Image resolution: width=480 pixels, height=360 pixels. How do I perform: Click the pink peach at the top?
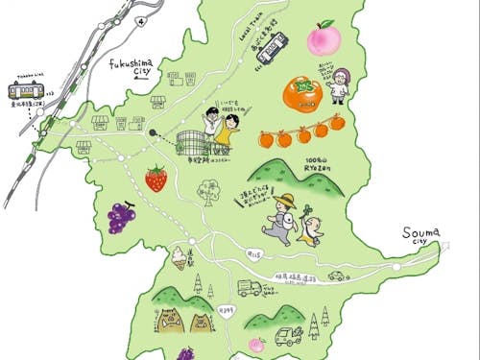(x=324, y=40)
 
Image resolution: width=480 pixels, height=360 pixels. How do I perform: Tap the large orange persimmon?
(x=301, y=95)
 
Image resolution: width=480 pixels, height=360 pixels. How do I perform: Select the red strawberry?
(x=156, y=179)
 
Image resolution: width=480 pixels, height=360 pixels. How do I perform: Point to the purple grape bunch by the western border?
(x=121, y=218)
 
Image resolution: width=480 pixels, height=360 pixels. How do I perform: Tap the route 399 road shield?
(x=228, y=310)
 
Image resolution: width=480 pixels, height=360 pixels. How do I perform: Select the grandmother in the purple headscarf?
(x=340, y=84)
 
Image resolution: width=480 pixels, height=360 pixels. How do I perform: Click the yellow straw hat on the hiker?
(x=283, y=200)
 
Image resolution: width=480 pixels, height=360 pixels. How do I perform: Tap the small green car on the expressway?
(x=336, y=276)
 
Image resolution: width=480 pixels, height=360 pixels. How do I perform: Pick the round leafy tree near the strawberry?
(x=204, y=193)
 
